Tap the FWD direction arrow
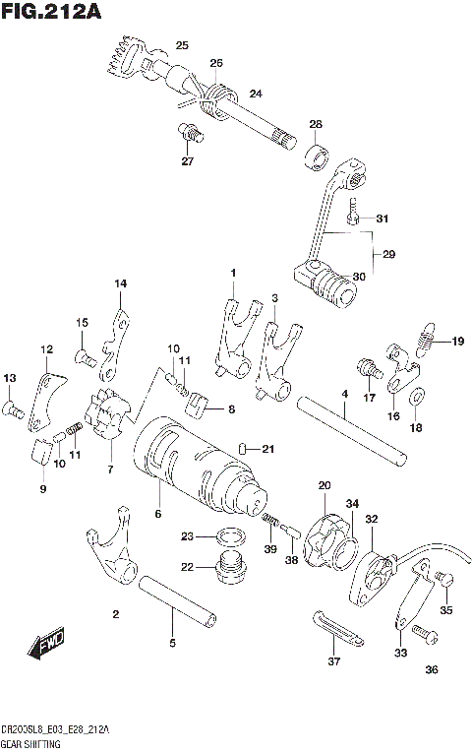pos(47,644)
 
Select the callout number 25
pos(181,45)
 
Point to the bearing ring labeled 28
pos(318,156)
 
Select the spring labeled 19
pos(425,344)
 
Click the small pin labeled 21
pos(241,449)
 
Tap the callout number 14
pos(120,284)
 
